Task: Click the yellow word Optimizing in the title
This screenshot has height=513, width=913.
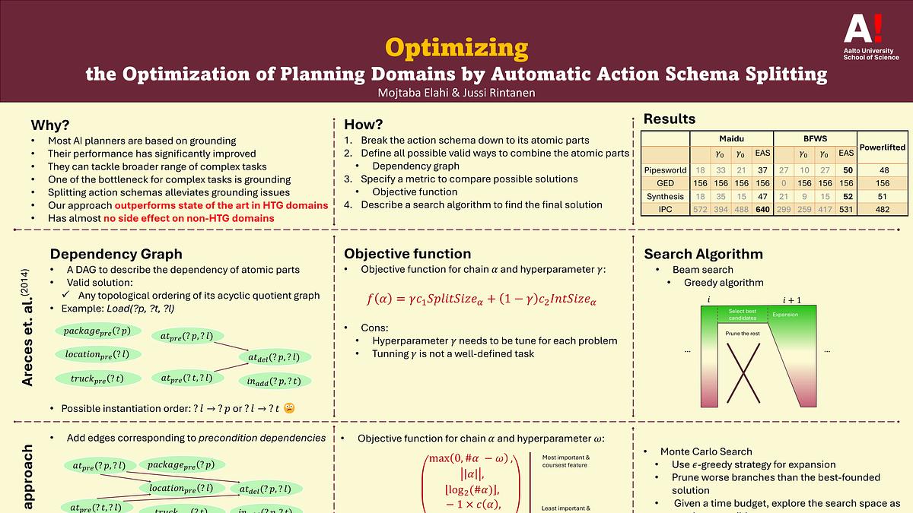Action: point(456,48)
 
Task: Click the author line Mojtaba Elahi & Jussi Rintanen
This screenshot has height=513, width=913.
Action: point(456,93)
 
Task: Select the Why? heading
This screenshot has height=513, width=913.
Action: point(49,125)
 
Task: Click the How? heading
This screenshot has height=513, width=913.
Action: point(364,125)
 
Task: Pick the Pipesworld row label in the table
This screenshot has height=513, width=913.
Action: point(665,170)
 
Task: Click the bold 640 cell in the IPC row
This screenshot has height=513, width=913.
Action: point(762,209)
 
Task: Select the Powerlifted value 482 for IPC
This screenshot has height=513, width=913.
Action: point(883,209)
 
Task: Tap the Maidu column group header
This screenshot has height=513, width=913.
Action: point(731,138)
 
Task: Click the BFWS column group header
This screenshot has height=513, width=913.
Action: point(815,138)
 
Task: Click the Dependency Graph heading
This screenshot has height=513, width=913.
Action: point(116,254)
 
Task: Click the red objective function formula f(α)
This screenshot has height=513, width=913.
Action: point(481,299)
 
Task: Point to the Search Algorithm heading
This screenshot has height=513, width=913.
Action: point(703,254)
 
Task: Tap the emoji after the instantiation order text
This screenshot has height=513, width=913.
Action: point(289,408)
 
